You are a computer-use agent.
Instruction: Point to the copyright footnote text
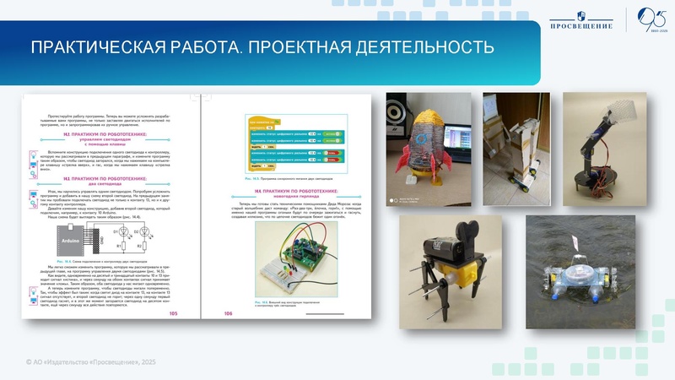click(x=92, y=361)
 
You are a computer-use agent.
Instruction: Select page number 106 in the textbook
click(x=227, y=313)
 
